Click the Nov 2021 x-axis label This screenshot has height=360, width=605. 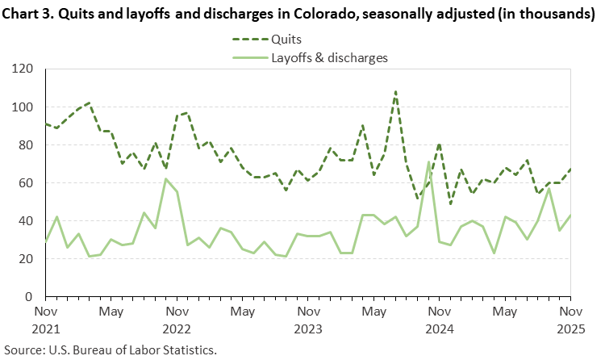[x=46, y=320]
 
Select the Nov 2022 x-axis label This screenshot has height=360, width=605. [x=177, y=320]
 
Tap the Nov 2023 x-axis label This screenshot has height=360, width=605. [x=307, y=320]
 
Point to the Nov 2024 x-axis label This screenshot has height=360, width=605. [x=439, y=320]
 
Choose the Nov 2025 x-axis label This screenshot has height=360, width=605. [x=570, y=320]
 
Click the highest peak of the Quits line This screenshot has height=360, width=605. [x=395, y=92]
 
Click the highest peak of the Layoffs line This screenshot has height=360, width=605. [x=428, y=162]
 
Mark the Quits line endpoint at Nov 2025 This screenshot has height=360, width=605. [x=570, y=170]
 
